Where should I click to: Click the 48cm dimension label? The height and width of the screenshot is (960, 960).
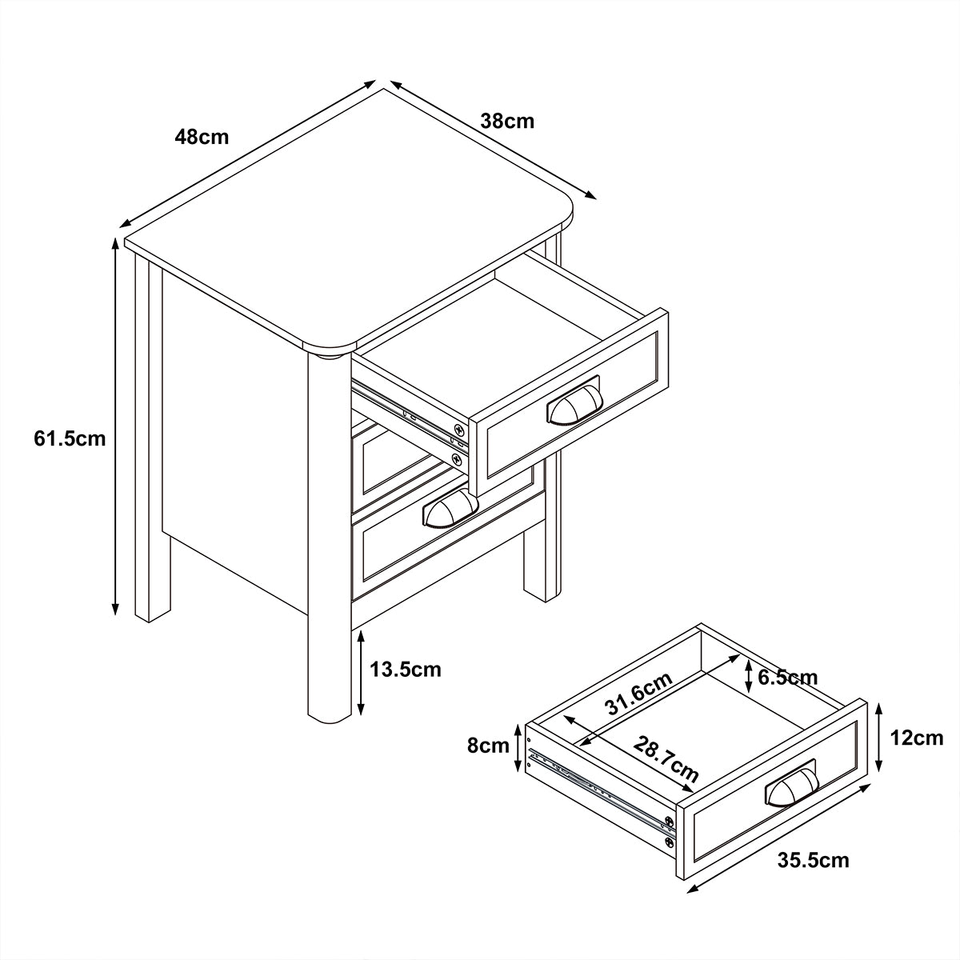202,137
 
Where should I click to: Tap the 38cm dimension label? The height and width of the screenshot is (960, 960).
507,121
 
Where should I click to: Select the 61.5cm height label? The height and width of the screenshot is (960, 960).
70,438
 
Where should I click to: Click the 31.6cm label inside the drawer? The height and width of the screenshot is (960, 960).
639,693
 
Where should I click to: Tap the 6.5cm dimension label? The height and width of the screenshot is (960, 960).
788,677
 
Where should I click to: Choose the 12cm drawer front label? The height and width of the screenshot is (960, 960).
917,738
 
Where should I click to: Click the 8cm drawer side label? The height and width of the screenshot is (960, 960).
488,746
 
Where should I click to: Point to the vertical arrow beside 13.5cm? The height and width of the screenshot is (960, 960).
361,673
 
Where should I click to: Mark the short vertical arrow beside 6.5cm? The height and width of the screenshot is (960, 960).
748,676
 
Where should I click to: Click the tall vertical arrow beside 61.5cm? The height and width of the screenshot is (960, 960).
115,426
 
